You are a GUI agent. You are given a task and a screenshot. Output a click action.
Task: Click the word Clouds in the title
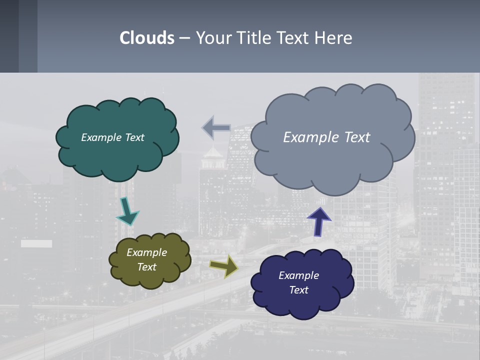[147, 38]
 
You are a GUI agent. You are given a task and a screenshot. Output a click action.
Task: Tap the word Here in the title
[334, 38]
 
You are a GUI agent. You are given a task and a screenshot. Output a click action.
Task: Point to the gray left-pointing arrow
[216, 128]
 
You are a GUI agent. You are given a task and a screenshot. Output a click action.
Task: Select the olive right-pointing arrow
[224, 265]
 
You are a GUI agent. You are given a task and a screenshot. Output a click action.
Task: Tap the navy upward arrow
[318, 221]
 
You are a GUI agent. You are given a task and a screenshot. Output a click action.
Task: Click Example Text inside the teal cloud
[112, 137]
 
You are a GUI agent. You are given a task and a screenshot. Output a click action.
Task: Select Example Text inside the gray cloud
[326, 137]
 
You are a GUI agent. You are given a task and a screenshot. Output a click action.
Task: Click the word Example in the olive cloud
[146, 252]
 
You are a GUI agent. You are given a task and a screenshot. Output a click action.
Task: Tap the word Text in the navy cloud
[298, 290]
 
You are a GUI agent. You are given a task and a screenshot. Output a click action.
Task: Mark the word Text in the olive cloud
[146, 267]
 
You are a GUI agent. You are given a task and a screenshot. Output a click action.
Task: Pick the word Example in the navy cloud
[298, 275]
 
